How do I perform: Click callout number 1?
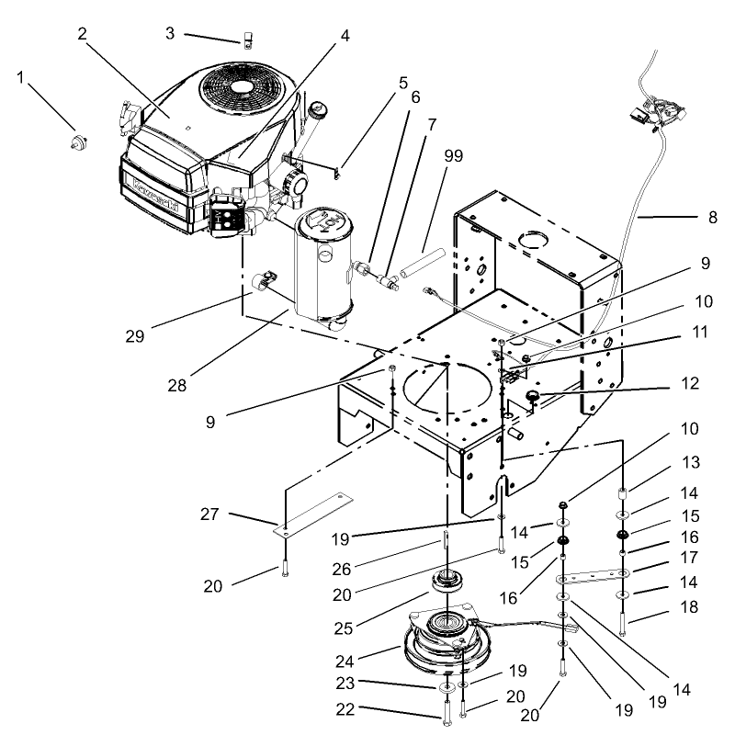pyautogui.click(x=21, y=77)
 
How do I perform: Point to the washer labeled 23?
pyautogui.click(x=445, y=688)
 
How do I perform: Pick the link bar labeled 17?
pyautogui.click(x=589, y=576)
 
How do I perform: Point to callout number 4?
pyautogui.click(x=345, y=37)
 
